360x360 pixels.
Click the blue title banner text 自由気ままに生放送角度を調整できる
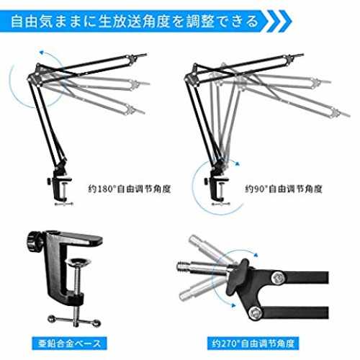135,21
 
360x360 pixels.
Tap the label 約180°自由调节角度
130,189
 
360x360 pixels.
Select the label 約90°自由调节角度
284,189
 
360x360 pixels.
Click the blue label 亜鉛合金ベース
69,343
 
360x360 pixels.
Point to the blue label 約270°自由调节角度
253,343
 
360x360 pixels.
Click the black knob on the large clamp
35,242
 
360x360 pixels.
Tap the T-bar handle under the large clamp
74,320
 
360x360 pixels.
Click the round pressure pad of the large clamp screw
78,262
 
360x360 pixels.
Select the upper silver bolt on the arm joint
279,277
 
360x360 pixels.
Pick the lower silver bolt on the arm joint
255,312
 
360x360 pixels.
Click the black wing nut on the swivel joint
238,274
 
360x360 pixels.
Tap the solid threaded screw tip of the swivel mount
182,266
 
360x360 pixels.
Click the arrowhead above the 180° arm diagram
42,52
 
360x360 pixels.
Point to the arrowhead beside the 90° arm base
238,164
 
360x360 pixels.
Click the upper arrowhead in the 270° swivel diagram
256,255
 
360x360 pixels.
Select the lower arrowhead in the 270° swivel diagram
233,305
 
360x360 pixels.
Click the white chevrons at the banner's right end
279,21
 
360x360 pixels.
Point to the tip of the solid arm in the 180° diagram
146,54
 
